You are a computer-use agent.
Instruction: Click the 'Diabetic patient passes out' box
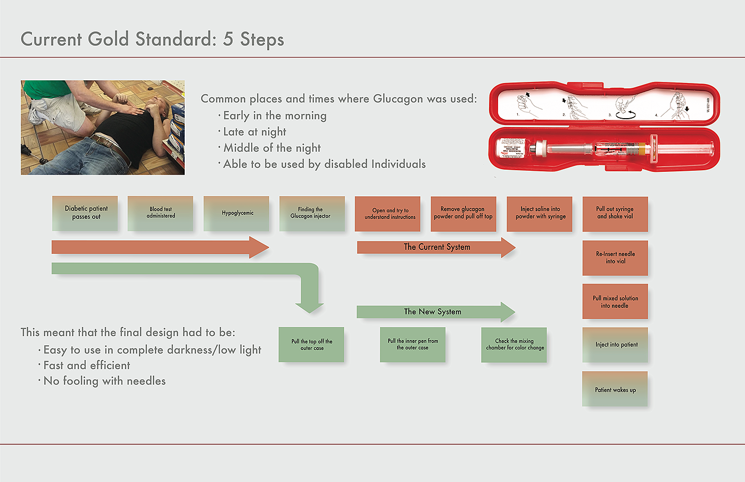86,213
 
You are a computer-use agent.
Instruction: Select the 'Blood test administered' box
161,213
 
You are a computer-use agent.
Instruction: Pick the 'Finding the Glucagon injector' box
312,213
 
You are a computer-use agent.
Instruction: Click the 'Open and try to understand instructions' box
387,214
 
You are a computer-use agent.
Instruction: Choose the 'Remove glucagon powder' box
463,214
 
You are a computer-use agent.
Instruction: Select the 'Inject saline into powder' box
540,214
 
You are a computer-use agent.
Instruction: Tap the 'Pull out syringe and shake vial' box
615,214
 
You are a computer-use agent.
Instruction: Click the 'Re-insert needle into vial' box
615,258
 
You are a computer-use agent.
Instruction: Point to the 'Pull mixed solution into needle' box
615,302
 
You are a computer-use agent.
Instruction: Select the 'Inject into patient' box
615,345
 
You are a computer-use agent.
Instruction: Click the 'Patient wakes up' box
615,389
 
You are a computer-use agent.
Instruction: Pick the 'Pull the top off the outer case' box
311,345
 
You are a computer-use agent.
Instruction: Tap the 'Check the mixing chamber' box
514,345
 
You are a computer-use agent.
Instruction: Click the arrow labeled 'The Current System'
436,247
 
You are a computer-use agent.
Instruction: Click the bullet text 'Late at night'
254,132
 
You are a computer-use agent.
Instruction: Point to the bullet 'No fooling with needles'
104,381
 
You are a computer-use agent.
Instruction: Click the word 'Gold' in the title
109,39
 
